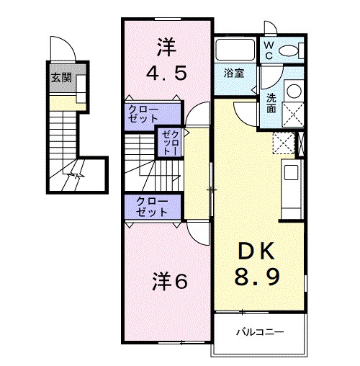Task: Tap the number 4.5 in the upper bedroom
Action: coord(168,73)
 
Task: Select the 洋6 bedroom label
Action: coord(170,282)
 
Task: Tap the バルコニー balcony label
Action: coord(260,332)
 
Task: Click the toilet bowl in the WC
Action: coord(292,50)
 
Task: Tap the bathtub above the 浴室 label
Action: coord(235,50)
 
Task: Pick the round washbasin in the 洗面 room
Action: coord(294,91)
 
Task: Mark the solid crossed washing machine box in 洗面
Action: coord(294,115)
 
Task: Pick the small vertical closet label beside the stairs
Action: coord(168,142)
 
